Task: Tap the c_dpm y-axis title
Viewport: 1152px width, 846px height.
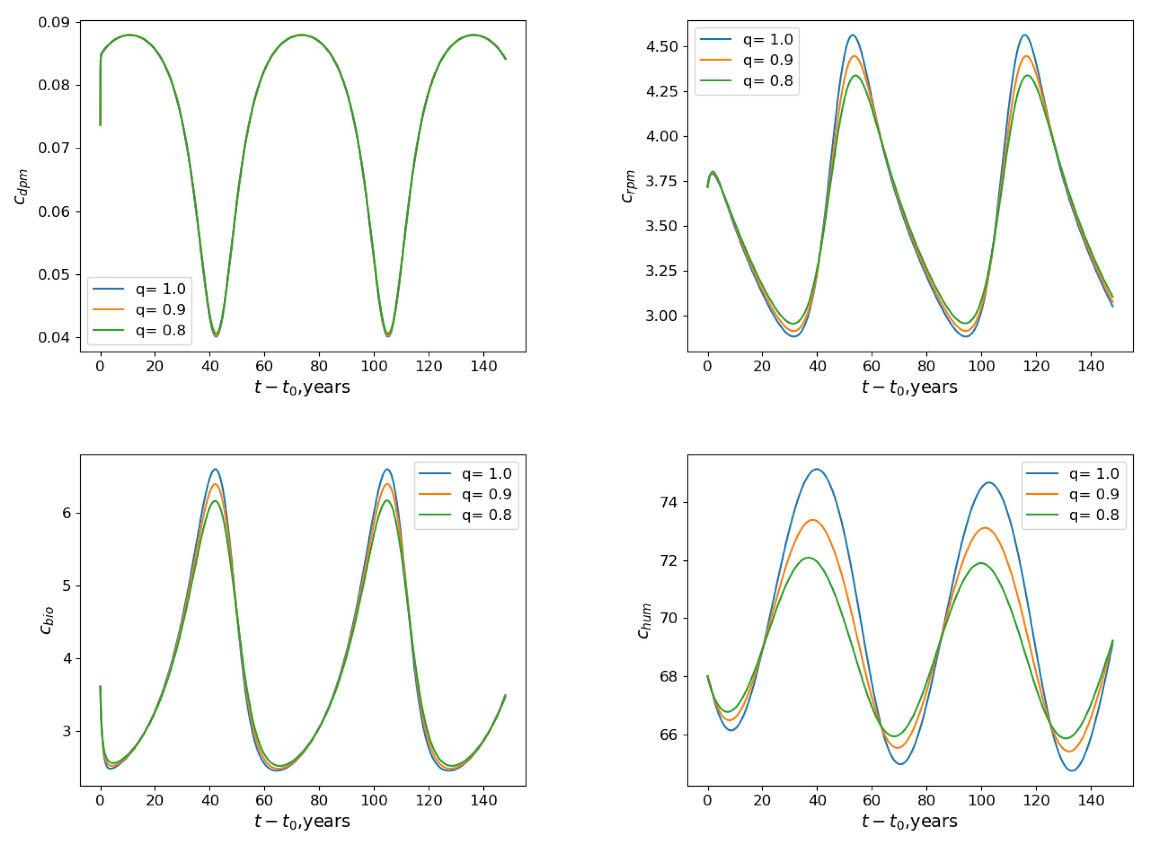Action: pos(20,187)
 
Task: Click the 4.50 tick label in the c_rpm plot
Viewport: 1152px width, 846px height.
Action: pos(662,47)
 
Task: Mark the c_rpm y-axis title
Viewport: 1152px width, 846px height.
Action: pos(628,187)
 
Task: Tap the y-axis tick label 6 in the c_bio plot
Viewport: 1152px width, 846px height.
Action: pos(66,513)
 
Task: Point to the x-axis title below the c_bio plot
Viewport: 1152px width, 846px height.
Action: pos(302,821)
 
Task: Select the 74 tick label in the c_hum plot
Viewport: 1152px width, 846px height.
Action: pos(668,503)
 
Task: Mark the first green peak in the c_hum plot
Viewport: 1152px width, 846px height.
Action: pos(809,557)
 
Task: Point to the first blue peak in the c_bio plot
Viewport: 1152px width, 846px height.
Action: pos(215,469)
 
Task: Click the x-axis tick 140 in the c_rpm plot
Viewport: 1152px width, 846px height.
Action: pos(1091,366)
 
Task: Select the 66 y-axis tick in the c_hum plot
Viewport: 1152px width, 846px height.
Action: pos(668,734)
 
